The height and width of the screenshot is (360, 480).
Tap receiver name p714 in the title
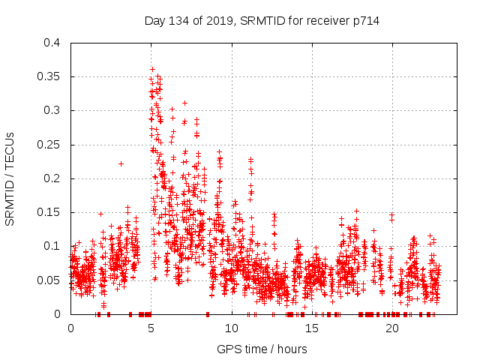coord(364,21)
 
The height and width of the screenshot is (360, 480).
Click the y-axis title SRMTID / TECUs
coord(10,178)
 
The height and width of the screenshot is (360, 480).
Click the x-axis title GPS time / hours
coord(262,349)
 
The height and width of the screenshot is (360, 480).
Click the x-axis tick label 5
coord(151,328)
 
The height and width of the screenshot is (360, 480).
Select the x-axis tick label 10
coord(231,328)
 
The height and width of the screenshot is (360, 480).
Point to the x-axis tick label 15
coord(311,328)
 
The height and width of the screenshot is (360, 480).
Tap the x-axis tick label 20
coord(391,328)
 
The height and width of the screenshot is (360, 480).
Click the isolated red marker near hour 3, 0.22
coord(121,163)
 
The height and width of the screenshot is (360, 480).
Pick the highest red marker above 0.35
coord(152,69)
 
